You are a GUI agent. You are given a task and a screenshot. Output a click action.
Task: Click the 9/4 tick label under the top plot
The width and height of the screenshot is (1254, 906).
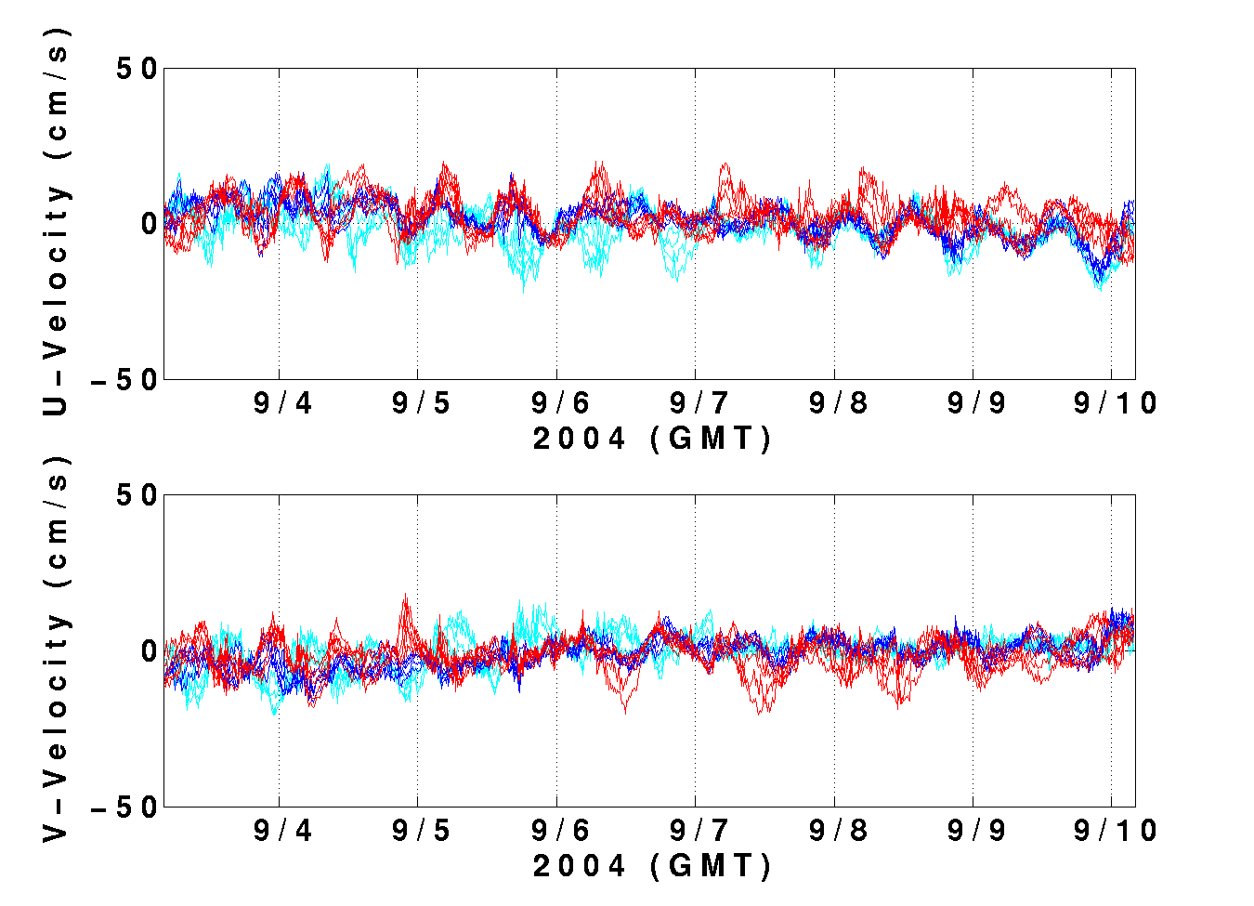click(282, 403)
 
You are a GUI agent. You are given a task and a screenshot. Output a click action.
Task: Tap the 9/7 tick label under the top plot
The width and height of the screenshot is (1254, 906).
click(699, 403)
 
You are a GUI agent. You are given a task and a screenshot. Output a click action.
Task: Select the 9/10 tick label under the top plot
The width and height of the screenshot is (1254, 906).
click(1116, 403)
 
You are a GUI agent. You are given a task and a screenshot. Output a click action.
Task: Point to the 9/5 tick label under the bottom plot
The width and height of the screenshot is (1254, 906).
click(421, 831)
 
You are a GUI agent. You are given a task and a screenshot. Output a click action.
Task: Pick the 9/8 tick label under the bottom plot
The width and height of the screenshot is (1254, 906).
click(838, 831)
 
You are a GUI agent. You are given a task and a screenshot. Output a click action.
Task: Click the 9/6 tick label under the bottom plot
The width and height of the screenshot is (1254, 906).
click(560, 831)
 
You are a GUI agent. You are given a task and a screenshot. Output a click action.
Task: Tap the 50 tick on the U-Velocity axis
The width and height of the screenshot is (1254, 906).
click(136, 68)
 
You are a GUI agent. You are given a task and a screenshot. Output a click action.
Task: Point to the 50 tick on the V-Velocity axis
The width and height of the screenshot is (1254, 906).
click(136, 495)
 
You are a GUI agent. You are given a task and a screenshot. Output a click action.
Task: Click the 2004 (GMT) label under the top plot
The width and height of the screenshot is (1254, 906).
click(652, 439)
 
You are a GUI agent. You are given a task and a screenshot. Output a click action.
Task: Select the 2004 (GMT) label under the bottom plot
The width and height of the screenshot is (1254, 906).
click(652, 866)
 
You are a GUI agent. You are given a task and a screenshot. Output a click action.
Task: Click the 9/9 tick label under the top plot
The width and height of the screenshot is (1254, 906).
click(976, 403)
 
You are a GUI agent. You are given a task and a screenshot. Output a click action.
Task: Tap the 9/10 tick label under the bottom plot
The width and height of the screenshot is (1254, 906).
click(1116, 831)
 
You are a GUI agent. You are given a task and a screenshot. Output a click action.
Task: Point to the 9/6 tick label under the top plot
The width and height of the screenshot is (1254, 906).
click(560, 403)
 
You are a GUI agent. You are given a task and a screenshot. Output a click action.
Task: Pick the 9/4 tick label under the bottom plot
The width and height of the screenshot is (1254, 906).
click(282, 831)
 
